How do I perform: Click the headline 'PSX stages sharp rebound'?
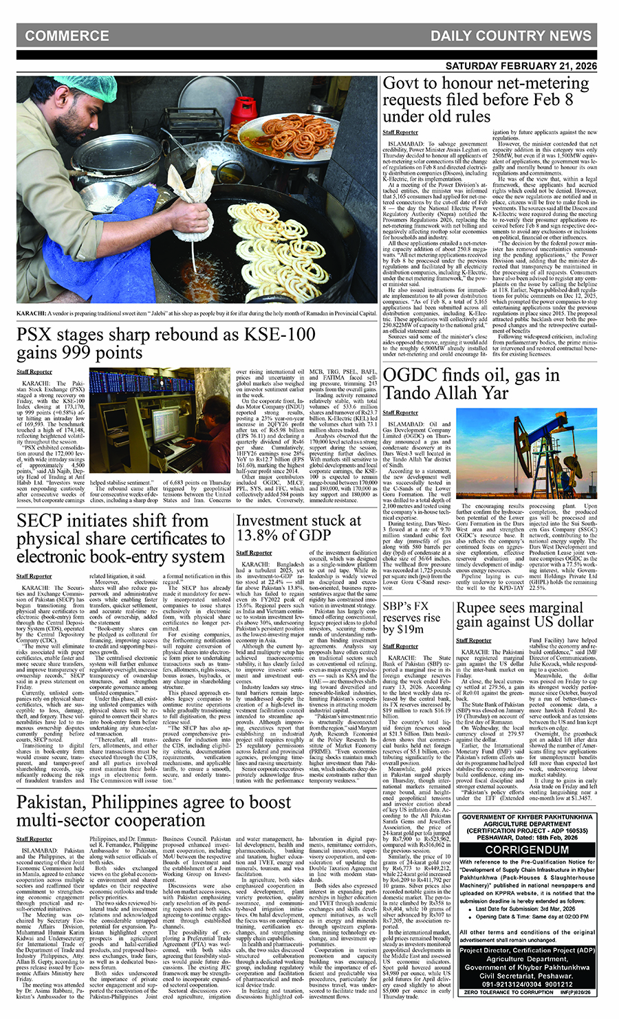167,343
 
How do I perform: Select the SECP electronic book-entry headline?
121,538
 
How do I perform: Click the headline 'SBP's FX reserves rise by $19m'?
411,616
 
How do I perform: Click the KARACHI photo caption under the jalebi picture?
197,313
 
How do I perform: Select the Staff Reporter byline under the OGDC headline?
400,413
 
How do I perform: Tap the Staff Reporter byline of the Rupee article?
474,641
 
